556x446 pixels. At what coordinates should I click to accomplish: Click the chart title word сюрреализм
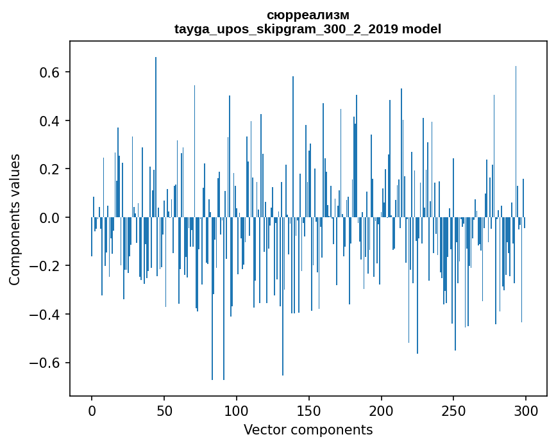point(308,15)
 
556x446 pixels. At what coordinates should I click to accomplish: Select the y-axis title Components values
point(15,219)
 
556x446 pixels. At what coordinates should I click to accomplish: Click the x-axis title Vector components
point(308,429)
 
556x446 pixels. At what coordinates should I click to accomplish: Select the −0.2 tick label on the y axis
point(47,266)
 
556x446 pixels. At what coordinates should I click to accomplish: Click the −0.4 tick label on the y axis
point(47,315)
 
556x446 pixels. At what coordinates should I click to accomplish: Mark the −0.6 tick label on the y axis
point(47,363)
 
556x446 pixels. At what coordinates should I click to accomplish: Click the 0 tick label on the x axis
point(92,409)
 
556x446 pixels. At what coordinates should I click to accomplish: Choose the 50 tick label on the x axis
point(164,409)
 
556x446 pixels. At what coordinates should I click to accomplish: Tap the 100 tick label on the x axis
point(237,409)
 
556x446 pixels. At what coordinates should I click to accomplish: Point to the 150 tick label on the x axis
point(309,409)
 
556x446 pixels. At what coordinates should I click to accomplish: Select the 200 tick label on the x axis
point(382,409)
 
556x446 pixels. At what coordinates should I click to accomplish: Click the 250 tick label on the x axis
point(454,409)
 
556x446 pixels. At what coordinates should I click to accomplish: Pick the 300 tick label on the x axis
point(526,409)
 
